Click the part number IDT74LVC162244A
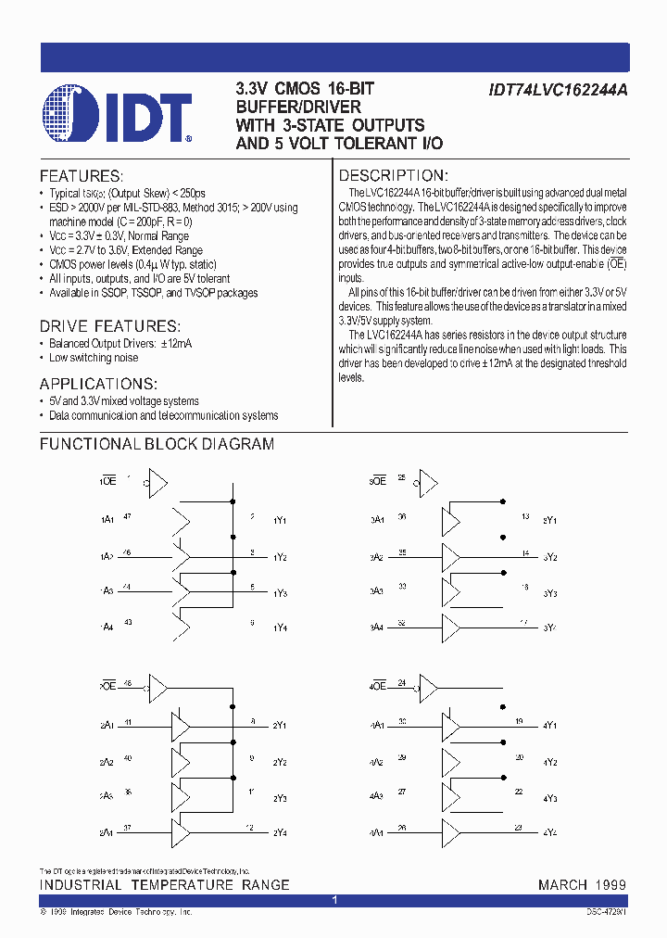tap(558, 91)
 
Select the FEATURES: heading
tap(81, 176)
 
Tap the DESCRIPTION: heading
tap(394, 176)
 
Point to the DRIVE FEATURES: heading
tap(109, 326)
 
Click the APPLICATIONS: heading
tap(98, 384)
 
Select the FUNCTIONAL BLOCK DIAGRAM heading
tap(157, 444)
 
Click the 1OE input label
tap(107, 482)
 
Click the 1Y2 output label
tap(280, 557)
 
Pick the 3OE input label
tap(377, 482)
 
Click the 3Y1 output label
tap(550, 521)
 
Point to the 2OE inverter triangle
tap(157, 688)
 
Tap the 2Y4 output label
tap(280, 831)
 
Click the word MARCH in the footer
tap(562, 885)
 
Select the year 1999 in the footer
tap(610, 885)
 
